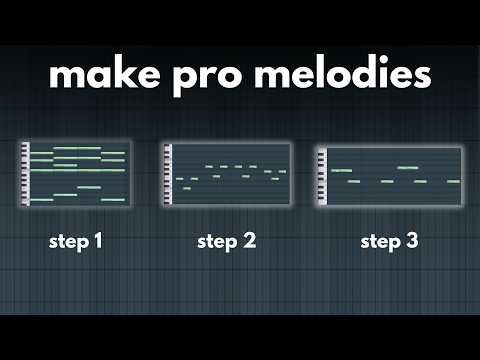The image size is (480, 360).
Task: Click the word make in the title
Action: [x=101, y=74]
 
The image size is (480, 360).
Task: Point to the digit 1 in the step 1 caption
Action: [x=98, y=242]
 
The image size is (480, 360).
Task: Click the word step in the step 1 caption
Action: [x=67, y=242]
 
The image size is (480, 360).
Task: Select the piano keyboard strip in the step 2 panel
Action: [x=168, y=175]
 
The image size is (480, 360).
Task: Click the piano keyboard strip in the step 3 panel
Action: [x=321, y=177]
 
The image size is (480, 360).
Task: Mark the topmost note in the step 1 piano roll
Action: [x=65, y=148]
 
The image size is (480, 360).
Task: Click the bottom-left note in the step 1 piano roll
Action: [x=41, y=200]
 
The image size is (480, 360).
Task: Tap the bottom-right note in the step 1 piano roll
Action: [x=113, y=200]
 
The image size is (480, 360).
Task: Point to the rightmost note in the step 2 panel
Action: [x=282, y=172]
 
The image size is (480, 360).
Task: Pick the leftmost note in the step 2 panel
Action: [x=179, y=179]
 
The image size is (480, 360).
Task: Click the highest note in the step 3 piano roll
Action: [x=407, y=168]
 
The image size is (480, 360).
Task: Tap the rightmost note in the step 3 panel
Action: [x=453, y=181]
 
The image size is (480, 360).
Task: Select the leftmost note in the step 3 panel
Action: [x=340, y=171]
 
